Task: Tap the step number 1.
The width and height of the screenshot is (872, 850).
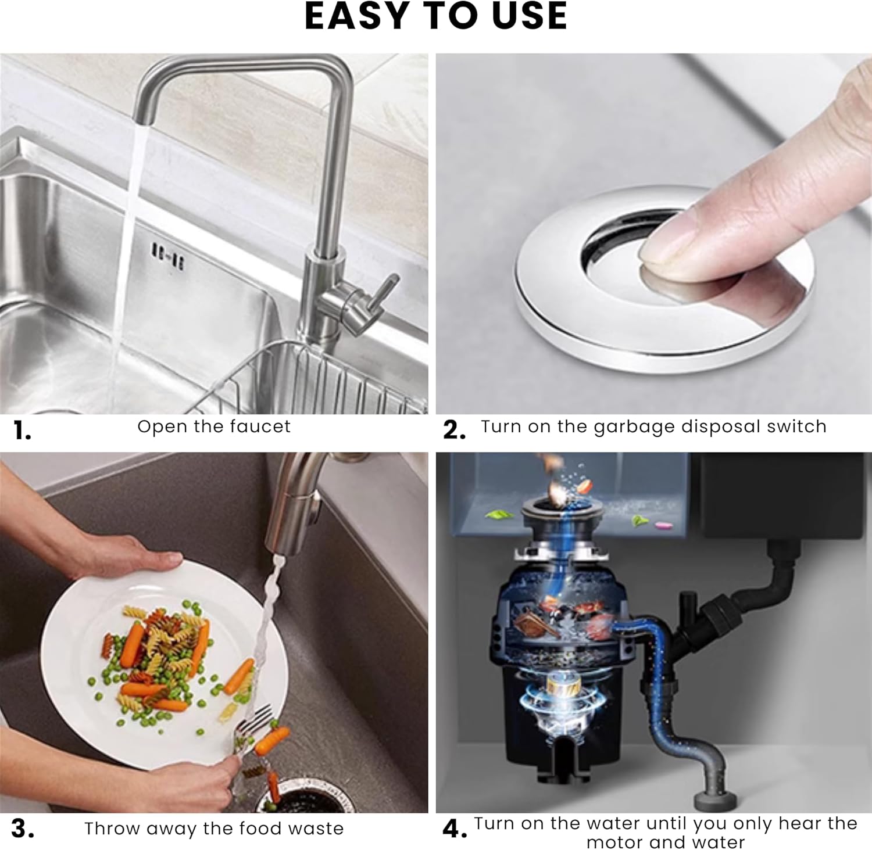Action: point(22,431)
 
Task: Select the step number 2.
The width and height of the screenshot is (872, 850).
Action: point(454,431)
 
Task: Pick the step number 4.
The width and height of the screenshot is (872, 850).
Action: point(455,829)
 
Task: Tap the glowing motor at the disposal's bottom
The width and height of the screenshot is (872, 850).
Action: point(558,697)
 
